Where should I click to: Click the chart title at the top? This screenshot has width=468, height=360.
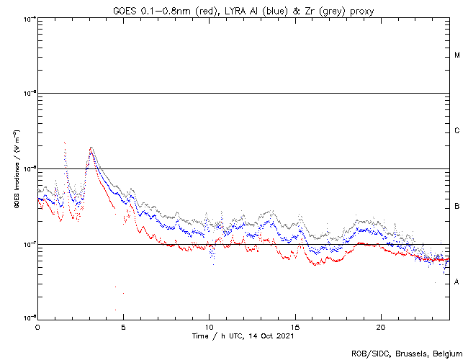click(x=243, y=9)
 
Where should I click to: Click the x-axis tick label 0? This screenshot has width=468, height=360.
click(x=37, y=326)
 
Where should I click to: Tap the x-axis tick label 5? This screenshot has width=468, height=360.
click(x=123, y=326)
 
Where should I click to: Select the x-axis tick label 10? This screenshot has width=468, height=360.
click(x=210, y=326)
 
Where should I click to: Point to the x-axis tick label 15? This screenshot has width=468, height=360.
click(x=295, y=326)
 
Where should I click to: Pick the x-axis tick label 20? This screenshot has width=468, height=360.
click(x=381, y=326)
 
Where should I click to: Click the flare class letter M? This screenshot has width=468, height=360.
click(x=457, y=55)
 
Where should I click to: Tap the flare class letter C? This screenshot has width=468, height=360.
click(x=457, y=131)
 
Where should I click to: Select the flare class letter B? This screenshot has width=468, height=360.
click(x=457, y=207)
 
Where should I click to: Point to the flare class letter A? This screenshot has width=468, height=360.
click(x=457, y=282)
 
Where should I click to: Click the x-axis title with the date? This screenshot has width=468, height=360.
click(x=243, y=336)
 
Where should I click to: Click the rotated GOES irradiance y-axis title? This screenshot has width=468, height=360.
click(x=17, y=169)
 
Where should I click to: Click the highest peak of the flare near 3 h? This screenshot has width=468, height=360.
click(x=91, y=148)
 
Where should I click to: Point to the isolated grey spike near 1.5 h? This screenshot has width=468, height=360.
click(x=65, y=143)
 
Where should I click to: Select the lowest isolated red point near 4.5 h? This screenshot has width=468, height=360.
click(x=116, y=310)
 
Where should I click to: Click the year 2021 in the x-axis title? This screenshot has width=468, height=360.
click(x=284, y=336)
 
